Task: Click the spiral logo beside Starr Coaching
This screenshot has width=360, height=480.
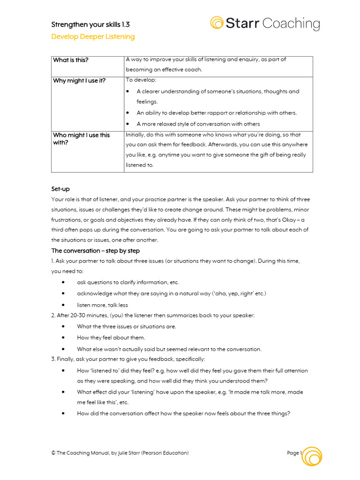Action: tap(217, 23)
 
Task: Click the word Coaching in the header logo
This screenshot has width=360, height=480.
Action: tap(291, 23)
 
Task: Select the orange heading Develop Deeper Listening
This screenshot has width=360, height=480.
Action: tap(93, 37)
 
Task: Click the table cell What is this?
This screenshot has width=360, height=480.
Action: tap(71, 60)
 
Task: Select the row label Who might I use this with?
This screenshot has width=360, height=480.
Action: tap(81, 139)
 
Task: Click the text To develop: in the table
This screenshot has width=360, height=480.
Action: tap(137, 80)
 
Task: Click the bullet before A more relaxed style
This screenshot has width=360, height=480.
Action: tap(128, 124)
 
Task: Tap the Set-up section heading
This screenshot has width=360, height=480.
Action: tap(60, 189)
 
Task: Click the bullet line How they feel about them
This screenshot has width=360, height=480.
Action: tap(111, 337)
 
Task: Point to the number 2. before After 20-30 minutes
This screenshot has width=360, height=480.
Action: tap(53, 315)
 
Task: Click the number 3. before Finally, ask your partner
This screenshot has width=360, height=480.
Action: tap(53, 359)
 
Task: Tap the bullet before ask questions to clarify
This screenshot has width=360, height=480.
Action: tap(63, 283)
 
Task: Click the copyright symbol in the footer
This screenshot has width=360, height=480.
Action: tap(53, 453)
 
